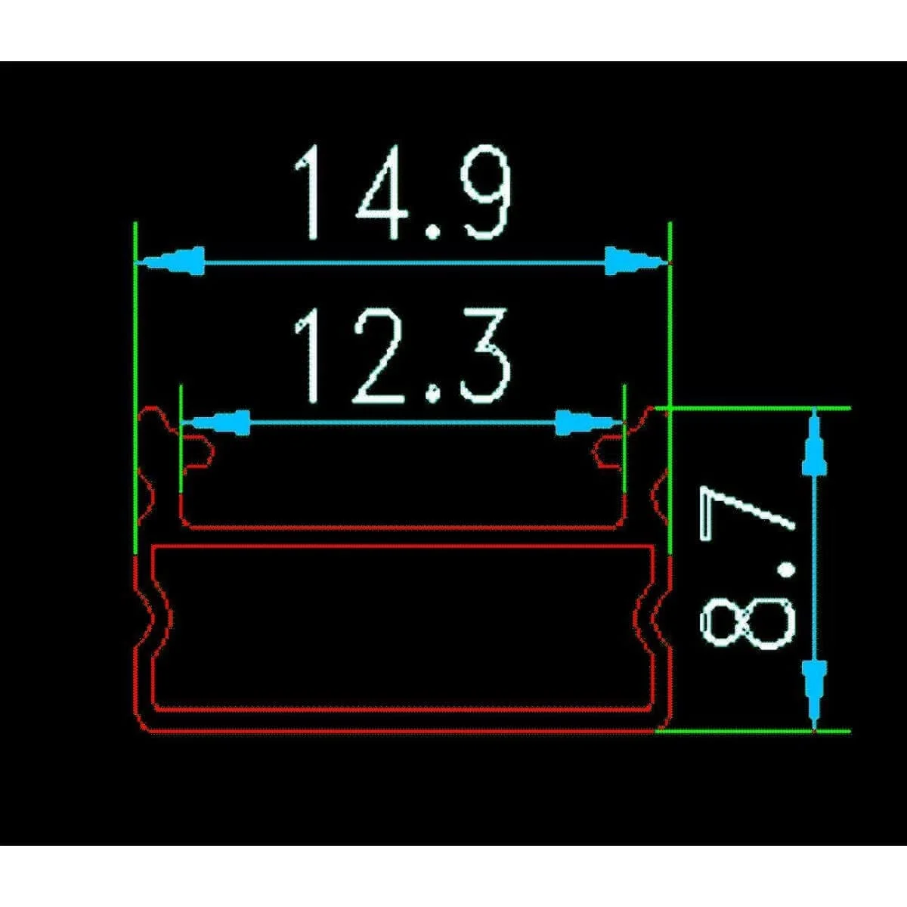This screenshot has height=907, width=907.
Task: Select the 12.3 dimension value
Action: pyautogui.click(x=401, y=356)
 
